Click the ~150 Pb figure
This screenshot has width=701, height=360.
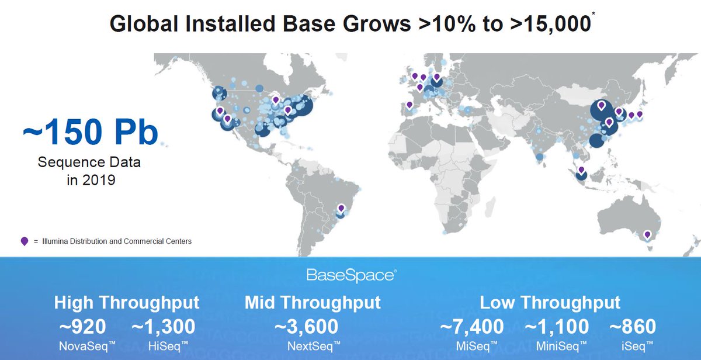click(91, 133)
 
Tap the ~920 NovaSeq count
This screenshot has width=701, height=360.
click(82, 327)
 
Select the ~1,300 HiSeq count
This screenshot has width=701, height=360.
click(163, 327)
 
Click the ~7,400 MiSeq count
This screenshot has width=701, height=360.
click(471, 327)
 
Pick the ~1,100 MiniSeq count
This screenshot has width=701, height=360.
click(557, 327)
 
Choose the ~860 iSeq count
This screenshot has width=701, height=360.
click(633, 327)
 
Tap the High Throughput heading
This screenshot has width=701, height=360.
click(127, 303)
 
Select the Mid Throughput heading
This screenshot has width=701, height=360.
click(313, 303)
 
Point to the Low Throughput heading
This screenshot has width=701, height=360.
click(550, 303)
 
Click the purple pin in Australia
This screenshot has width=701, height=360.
click(647, 235)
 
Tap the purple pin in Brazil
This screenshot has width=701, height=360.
click(341, 208)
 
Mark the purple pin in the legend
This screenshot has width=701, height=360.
click(24, 241)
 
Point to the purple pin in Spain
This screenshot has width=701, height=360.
click(410, 105)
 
